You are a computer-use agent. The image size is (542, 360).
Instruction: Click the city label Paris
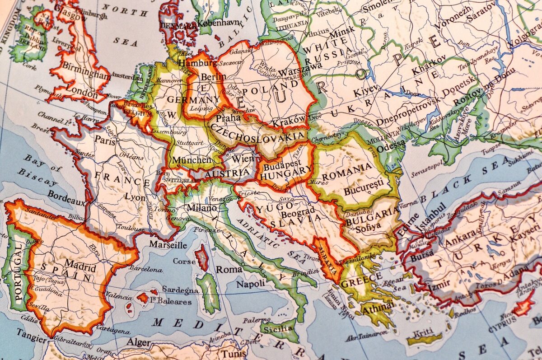click(105, 141)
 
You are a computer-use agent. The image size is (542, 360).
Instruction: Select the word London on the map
click(81, 94)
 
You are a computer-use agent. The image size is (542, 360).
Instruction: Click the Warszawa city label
click(297, 72)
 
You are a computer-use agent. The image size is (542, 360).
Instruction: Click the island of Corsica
click(201, 258)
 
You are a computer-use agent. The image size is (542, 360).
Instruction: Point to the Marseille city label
click(168, 245)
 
